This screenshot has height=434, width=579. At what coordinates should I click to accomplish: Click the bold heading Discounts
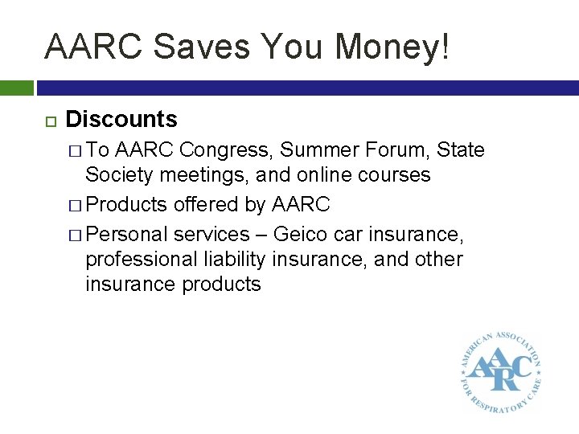pos(121,120)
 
